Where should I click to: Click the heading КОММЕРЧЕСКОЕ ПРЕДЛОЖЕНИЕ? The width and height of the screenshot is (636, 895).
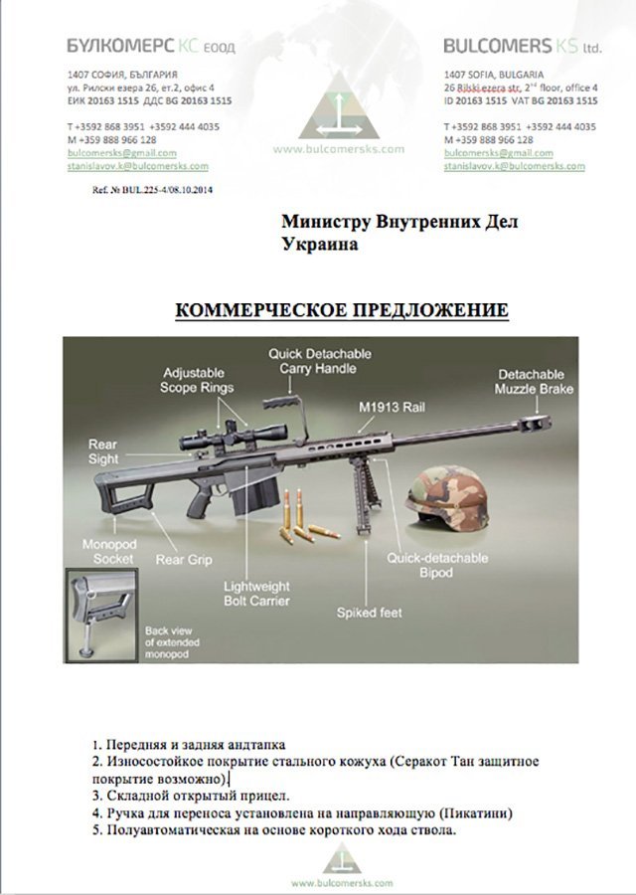pos(342,311)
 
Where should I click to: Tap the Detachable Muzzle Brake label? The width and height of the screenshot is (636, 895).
pos(535,382)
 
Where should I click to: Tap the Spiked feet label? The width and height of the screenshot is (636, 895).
pos(370,613)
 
